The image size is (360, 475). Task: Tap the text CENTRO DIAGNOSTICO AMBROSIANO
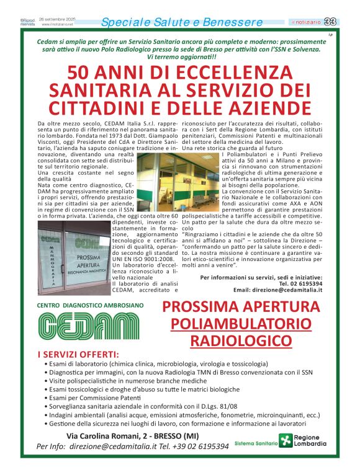tap(90, 306)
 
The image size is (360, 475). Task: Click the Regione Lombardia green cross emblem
tap(285, 441)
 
